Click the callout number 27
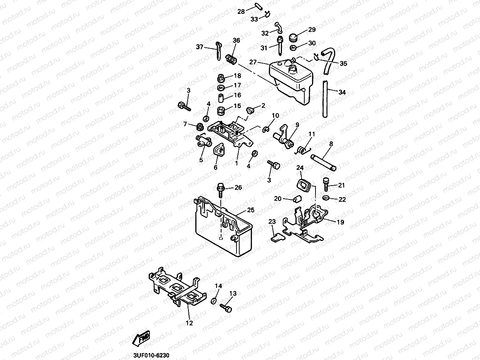click(x=253, y=62)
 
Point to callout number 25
click(x=251, y=210)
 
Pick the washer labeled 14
click(x=214, y=300)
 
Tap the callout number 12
click(x=189, y=323)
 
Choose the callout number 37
click(x=199, y=47)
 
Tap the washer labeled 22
click(x=326, y=198)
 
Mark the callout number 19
click(x=340, y=222)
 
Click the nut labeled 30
click(x=293, y=48)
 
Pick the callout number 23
click(x=272, y=221)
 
